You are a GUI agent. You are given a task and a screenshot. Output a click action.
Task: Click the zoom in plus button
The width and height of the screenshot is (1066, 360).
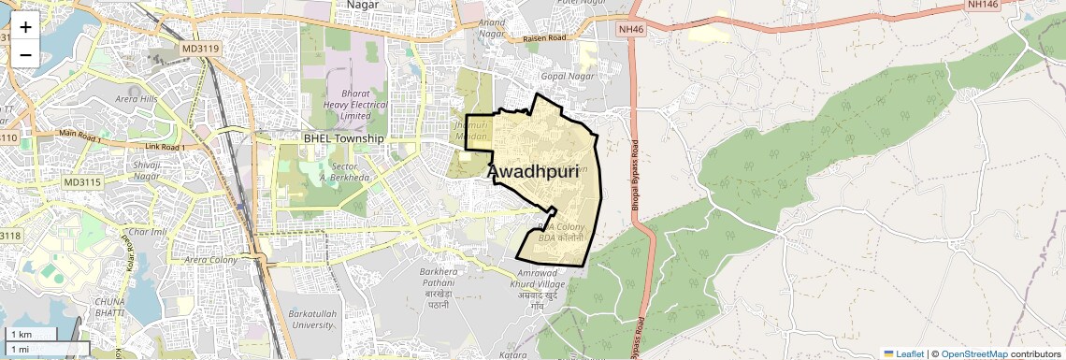coord(25,26)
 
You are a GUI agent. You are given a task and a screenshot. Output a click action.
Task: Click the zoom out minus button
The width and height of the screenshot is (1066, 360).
coord(25,54)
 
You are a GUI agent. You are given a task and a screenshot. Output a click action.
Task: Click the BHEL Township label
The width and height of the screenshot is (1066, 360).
coord(343,138)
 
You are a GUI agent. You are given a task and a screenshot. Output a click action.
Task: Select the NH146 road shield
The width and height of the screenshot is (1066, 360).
coord(989,5)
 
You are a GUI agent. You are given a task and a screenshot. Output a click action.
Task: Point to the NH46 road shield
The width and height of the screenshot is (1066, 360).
coord(632,30)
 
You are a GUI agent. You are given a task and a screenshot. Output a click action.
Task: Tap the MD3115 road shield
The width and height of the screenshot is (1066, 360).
coord(86,181)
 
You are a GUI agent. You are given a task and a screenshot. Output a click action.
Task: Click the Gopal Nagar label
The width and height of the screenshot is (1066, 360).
coord(567,74)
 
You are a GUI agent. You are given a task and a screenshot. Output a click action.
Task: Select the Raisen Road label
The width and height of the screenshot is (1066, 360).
coord(545,39)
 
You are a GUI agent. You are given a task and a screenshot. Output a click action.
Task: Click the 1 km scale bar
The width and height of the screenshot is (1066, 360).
coord(30,334)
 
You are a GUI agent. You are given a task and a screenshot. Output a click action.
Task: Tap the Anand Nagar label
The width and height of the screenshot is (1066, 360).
coord(491,27)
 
